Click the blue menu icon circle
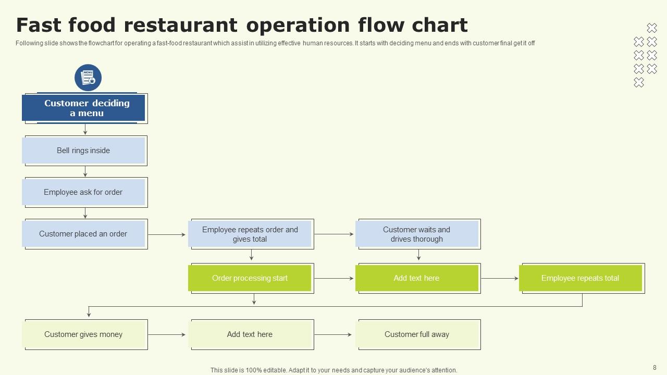(88, 78)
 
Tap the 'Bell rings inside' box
(83, 151)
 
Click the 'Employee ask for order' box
(83, 192)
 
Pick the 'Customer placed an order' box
(83, 234)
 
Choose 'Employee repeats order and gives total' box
(250, 234)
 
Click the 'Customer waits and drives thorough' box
(417, 234)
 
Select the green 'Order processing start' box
(250, 278)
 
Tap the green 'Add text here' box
(417, 278)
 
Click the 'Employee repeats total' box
(580, 278)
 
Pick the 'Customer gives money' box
(83, 334)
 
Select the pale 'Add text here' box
(250, 334)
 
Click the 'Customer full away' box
(417, 334)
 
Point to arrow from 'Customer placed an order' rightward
(167, 235)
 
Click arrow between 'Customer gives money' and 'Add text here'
(167, 334)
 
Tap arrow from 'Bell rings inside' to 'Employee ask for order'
(85, 171)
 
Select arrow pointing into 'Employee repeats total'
(499, 279)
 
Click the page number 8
(654, 367)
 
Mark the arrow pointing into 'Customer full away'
(333, 334)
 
